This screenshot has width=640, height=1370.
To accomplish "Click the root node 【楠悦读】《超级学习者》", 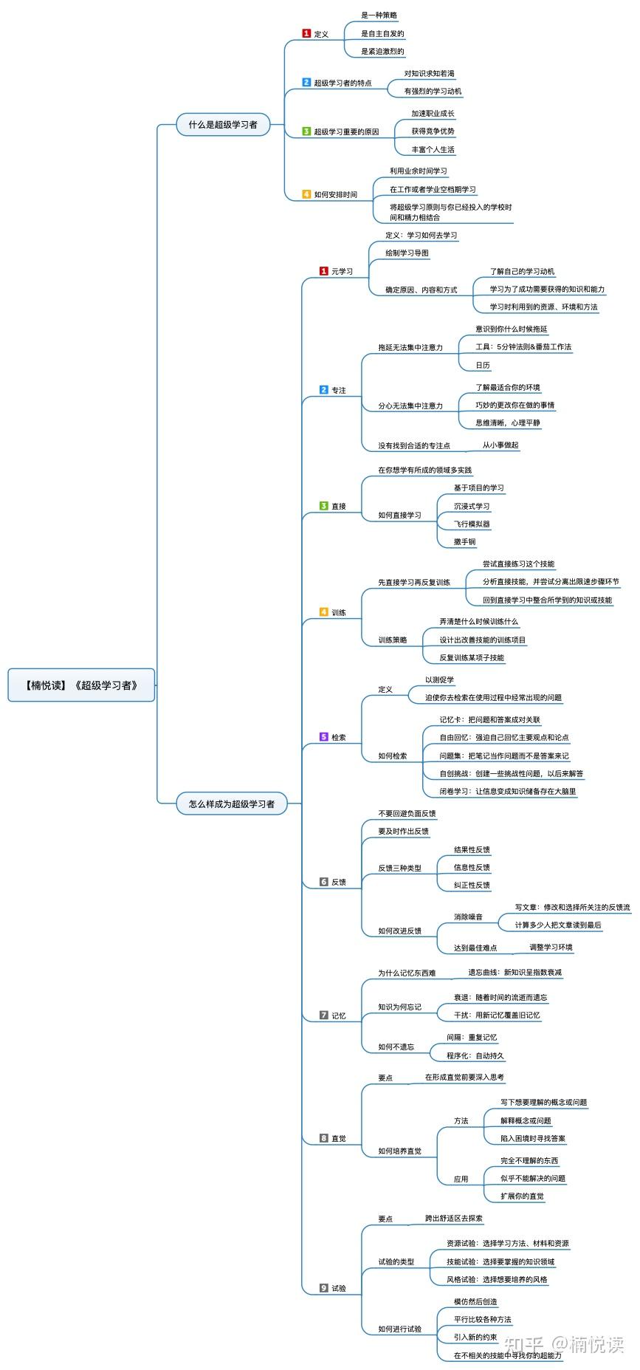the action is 81,685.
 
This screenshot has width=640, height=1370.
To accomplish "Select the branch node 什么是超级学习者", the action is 223,125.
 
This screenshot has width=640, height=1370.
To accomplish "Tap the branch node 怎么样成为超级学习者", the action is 232,804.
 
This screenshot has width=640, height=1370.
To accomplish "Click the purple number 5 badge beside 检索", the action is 323,737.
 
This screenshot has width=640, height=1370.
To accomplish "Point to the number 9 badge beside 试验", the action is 323,1288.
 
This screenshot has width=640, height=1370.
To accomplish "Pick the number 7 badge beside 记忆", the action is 323,1015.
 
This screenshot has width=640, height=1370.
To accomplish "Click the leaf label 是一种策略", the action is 379,15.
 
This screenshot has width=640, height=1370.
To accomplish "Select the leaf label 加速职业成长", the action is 433,114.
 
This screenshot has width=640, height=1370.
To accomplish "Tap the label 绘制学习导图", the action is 407,253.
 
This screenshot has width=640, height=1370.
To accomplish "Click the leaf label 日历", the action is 483,365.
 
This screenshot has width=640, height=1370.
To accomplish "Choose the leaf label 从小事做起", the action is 500,445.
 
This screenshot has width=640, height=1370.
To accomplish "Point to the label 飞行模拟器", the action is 472,524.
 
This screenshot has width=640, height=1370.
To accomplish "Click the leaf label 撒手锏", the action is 465,542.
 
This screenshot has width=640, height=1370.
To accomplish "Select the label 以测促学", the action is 439,680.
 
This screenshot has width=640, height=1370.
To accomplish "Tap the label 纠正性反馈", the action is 472,885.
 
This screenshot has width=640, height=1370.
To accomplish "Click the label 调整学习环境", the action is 551,948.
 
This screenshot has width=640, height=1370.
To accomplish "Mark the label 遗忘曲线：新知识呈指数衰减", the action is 515,973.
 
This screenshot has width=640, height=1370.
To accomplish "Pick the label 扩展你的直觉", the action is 522,1196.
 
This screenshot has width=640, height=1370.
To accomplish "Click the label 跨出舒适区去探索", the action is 454,1219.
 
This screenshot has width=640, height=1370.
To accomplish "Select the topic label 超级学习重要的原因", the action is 346,132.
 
